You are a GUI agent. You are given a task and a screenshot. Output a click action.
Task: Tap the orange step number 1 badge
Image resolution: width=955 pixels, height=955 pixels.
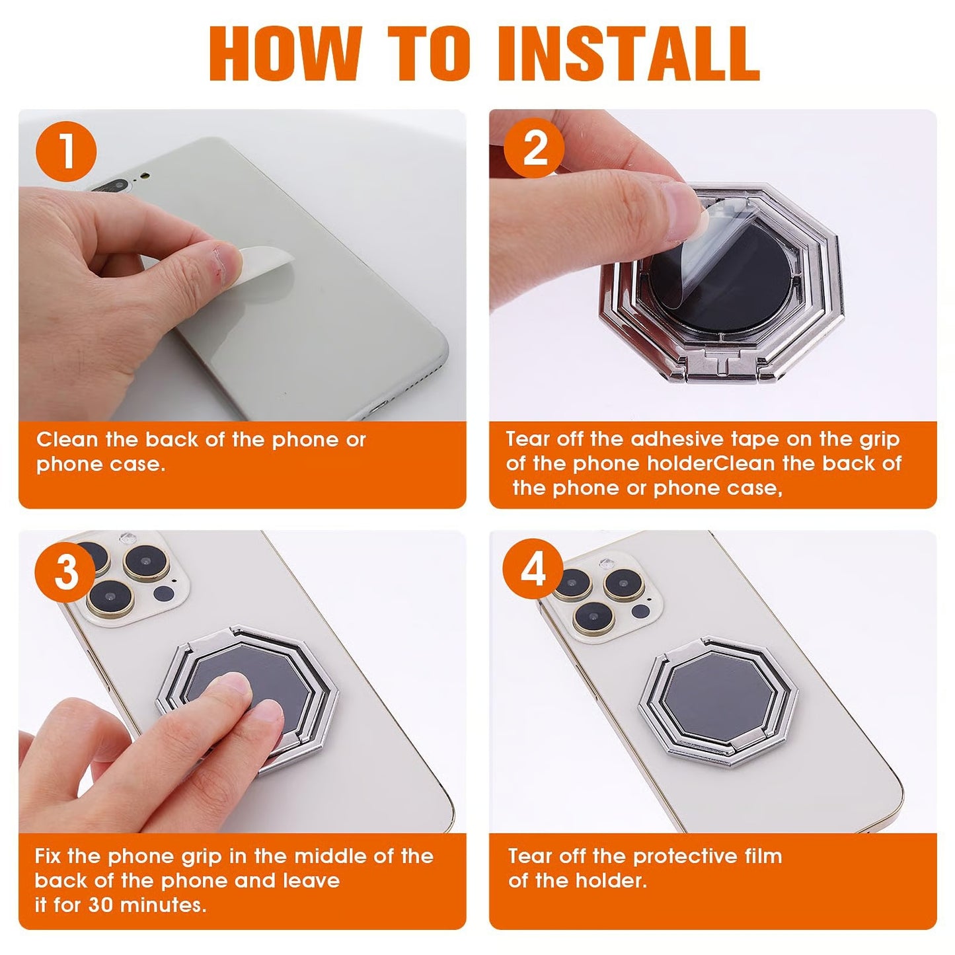tap(66, 152)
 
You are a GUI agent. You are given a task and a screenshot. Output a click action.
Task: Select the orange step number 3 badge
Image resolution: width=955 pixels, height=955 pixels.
tap(65, 572)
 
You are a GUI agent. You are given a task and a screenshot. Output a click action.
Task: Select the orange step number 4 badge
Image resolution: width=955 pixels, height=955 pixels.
tap(533, 570)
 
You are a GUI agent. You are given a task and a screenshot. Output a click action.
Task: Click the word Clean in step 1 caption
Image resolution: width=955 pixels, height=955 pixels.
tap(65, 440)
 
